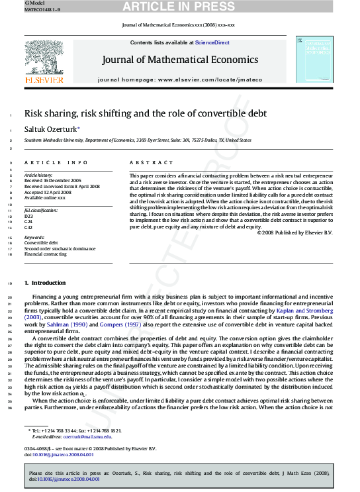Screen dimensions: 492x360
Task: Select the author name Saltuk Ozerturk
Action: tap(50, 129)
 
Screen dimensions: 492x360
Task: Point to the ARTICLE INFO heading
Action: tap(56, 162)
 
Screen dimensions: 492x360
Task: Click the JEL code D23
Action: tap(28, 216)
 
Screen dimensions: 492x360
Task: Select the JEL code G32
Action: tap(28, 227)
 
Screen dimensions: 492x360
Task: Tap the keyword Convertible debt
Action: tap(41, 243)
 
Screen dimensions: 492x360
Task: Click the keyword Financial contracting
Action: tap(45, 254)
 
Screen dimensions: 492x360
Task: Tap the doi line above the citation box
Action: tap(59, 455)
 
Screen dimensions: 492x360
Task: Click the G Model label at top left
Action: tap(15, 3)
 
